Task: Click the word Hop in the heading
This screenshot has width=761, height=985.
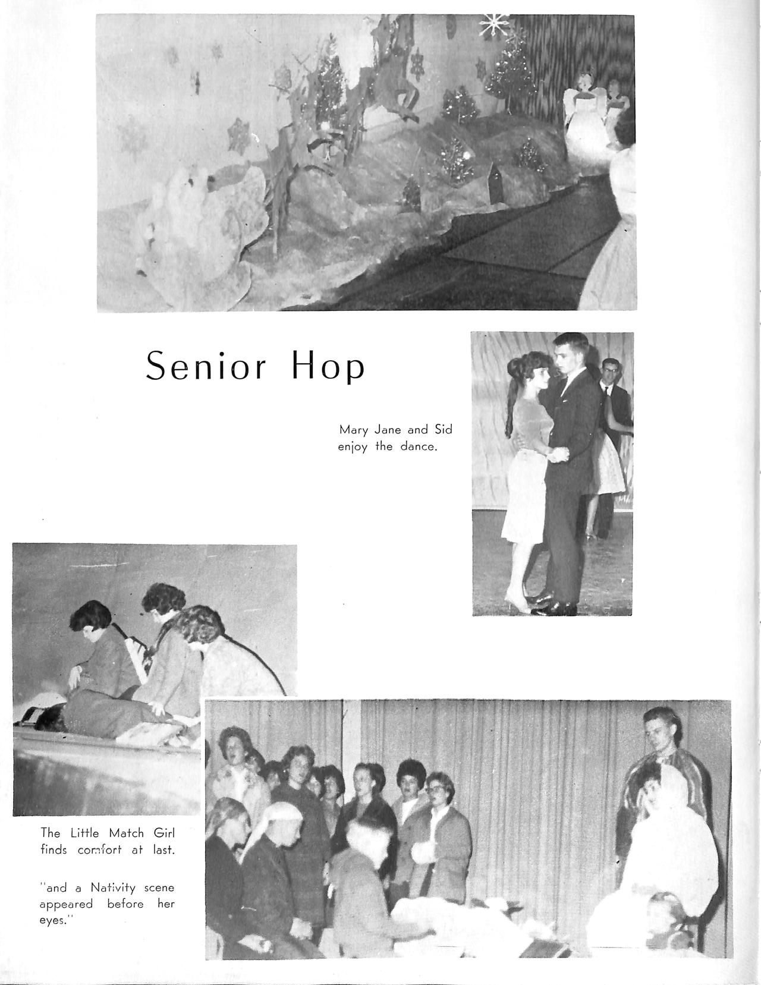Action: pyautogui.click(x=328, y=367)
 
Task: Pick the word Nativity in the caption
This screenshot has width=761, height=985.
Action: pyautogui.click(x=114, y=888)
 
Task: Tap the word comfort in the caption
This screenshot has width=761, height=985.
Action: pyautogui.click(x=99, y=850)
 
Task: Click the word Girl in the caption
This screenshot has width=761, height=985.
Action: pyautogui.click(x=163, y=833)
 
